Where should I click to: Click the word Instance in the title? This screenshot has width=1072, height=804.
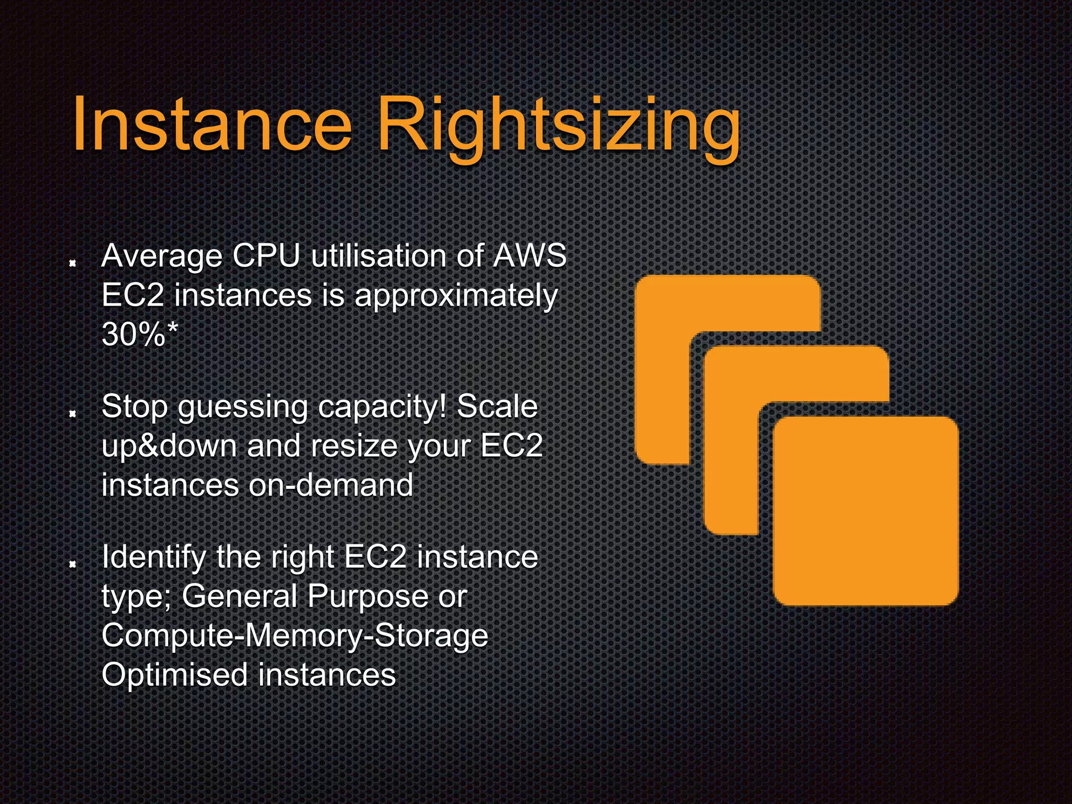click(x=212, y=125)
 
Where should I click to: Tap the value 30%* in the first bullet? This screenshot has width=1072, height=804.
click(x=140, y=333)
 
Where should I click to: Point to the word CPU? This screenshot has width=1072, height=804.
click(x=266, y=256)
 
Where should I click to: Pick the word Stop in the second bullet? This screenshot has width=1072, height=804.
click(x=135, y=407)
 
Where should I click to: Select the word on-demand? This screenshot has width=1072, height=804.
click(x=331, y=485)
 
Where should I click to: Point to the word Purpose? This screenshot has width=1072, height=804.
click(x=368, y=596)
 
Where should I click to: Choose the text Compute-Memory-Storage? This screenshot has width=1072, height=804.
click(x=295, y=636)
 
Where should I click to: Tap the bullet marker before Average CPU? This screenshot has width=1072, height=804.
click(x=73, y=263)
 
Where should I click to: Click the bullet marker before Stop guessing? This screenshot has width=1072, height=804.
click(x=73, y=414)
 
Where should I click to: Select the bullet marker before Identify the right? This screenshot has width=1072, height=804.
click(x=73, y=564)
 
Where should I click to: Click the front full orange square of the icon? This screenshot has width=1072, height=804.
click(x=866, y=511)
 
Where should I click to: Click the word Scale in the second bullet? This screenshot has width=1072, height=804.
click(x=497, y=407)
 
